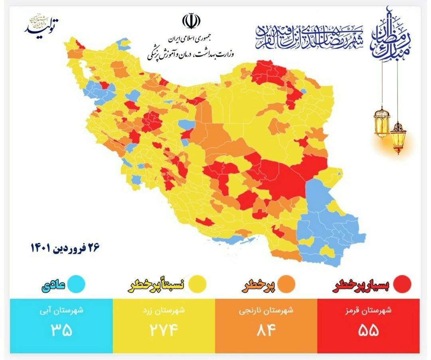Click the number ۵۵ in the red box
368,330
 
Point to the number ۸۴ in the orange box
266,330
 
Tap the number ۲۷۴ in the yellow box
164,330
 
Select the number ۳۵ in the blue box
61,330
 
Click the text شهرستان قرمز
368,311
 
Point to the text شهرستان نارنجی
266,311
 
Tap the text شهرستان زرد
164,311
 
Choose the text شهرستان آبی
61,311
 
